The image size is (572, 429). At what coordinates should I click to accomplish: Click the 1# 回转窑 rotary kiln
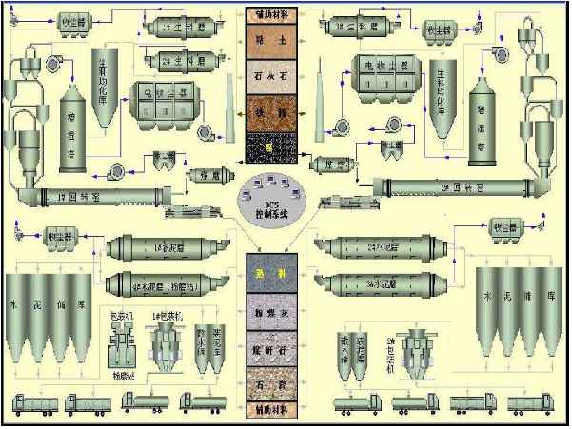90,198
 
